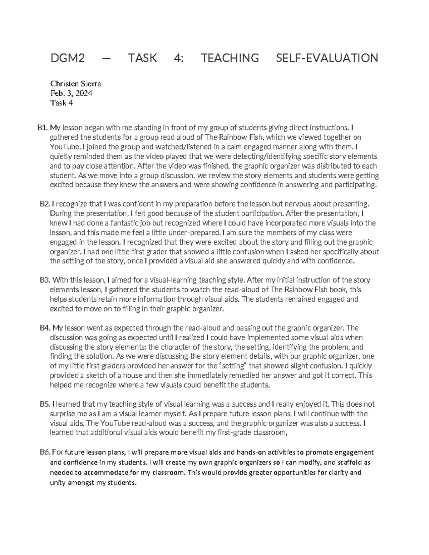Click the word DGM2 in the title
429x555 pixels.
click(x=68, y=58)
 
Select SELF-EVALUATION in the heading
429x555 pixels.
click(x=327, y=58)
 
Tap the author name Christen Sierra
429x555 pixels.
click(x=75, y=84)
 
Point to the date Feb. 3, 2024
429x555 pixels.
click(x=71, y=94)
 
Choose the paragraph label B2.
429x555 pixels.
click(x=45, y=204)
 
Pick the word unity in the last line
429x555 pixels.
click(x=58, y=482)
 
